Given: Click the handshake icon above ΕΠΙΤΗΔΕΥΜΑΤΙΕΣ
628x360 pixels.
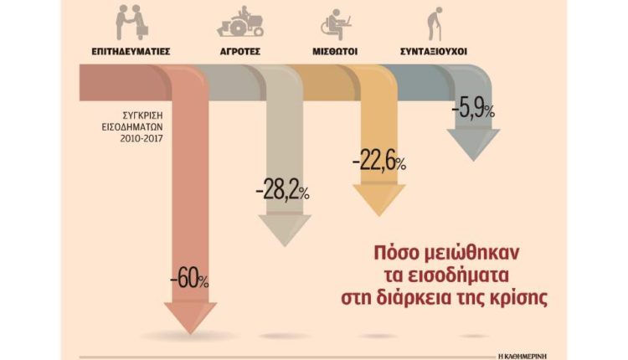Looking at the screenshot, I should (131, 23).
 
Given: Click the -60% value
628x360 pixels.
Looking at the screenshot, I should (189, 277).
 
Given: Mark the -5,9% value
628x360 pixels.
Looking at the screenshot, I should (472, 108).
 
